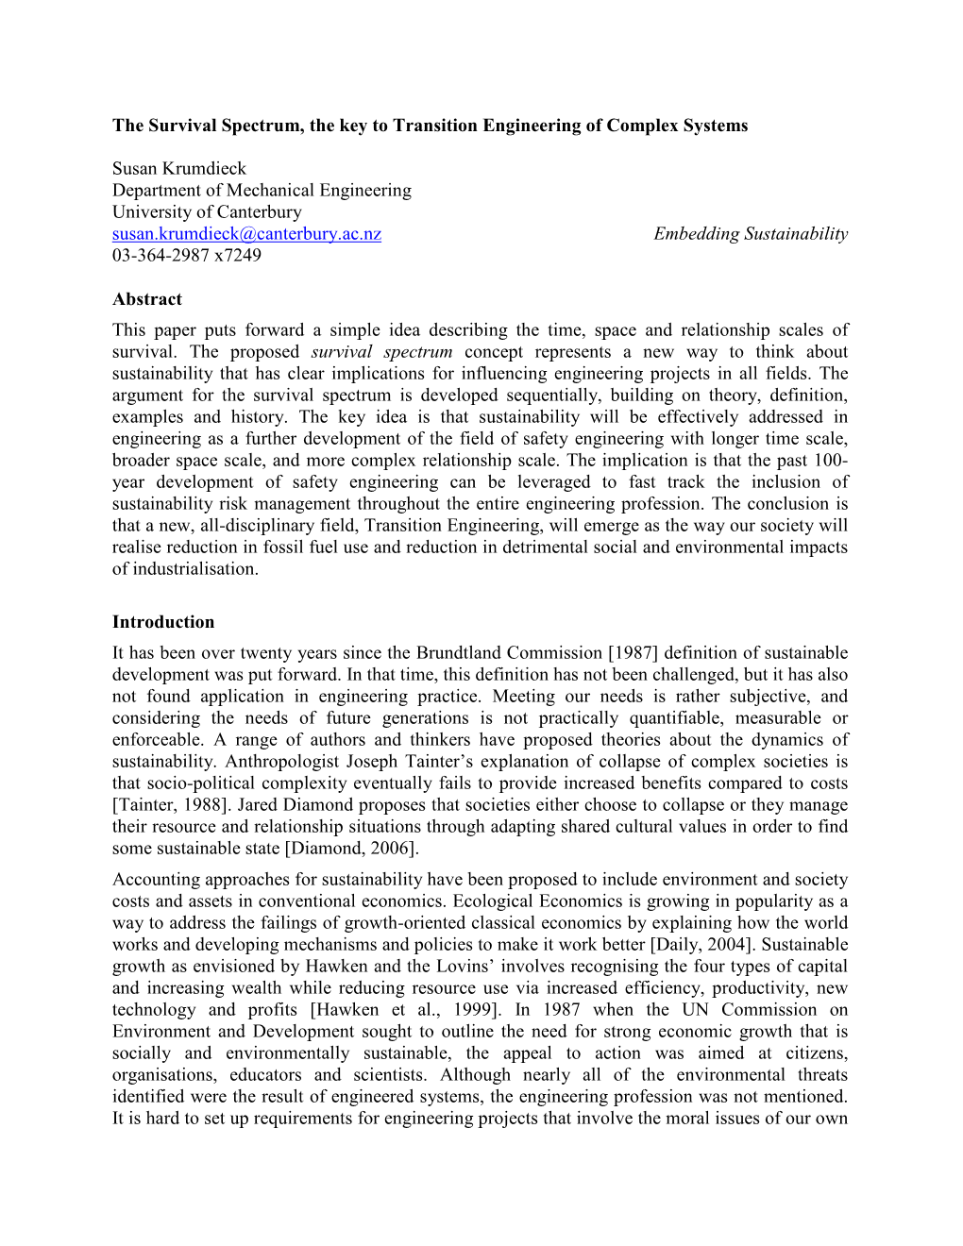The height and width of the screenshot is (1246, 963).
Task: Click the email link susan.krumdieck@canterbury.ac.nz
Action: [246, 234]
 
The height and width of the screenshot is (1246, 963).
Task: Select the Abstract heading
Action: [147, 299]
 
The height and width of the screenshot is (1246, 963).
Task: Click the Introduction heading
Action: [163, 622]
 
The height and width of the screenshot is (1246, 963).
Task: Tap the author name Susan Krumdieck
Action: [179, 169]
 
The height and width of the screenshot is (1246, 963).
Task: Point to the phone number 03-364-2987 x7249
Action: [187, 256]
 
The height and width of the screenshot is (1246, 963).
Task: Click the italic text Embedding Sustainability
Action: [751, 234]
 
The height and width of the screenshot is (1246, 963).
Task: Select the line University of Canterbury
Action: [207, 212]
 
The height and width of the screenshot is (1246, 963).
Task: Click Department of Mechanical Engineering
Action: [262, 191]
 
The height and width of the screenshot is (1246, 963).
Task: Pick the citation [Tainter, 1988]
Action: [170, 805]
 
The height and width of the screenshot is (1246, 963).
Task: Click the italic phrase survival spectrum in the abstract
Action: [381, 352]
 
